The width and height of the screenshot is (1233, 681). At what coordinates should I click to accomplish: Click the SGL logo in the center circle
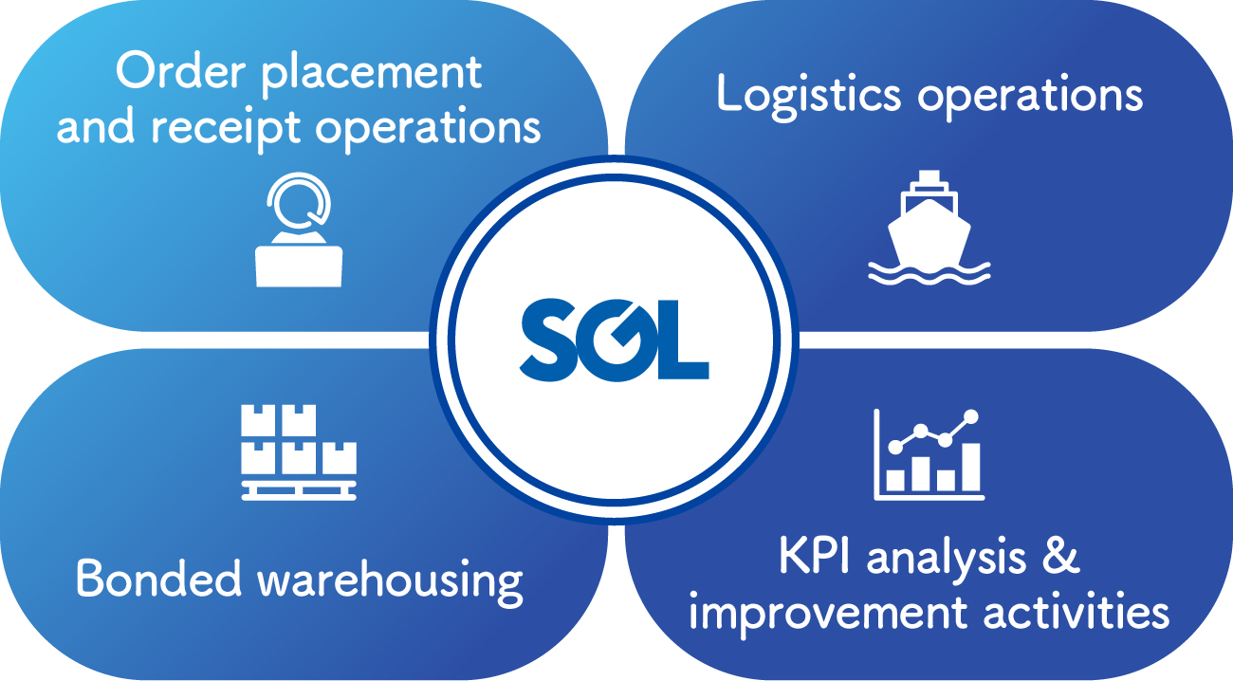click(615, 340)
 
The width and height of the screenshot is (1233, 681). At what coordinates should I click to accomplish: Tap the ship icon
click(929, 228)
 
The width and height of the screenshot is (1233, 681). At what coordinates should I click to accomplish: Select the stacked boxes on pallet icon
click(299, 452)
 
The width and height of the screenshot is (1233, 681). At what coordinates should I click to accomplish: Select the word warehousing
click(390, 582)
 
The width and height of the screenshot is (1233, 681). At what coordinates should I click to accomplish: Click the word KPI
click(814, 556)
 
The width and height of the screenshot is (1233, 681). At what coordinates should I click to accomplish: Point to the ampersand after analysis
click(1060, 556)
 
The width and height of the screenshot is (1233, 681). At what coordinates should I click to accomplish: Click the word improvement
click(828, 614)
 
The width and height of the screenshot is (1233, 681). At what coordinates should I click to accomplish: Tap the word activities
click(1077, 610)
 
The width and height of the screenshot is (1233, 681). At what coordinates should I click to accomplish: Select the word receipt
click(227, 130)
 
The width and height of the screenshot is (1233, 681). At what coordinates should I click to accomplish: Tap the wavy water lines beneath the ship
click(929, 273)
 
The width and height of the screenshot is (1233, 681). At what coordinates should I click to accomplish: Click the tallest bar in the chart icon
click(971, 467)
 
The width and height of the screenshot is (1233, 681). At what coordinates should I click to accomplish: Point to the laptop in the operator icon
click(299, 267)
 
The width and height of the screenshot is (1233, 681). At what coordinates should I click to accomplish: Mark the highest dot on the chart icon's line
click(971, 416)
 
